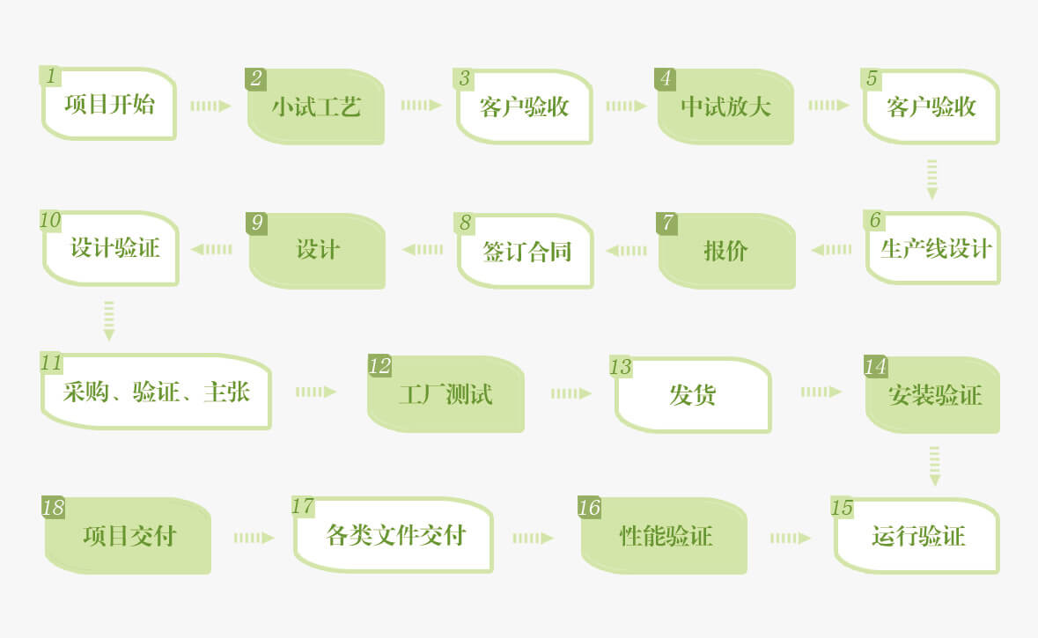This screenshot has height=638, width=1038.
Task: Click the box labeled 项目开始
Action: pos(109,106)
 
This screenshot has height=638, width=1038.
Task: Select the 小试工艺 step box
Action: pos(316,107)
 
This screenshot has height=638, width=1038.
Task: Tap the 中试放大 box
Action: pos(725,107)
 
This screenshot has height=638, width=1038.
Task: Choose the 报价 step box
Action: pos(726,251)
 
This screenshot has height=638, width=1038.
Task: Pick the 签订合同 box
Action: pos(526,252)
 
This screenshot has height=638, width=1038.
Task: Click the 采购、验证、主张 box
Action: pos(157,392)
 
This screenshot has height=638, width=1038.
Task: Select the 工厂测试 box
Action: pos(445,394)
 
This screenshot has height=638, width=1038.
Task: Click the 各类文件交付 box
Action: pos(394,535)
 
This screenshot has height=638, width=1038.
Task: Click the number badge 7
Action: pos(667,224)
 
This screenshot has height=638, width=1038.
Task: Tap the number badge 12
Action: pos(379,366)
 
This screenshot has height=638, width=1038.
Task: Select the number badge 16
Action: pos(589,508)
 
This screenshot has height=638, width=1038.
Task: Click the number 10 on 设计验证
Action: pos(50,221)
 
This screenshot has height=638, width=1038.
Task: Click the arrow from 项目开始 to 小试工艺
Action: pos(210,106)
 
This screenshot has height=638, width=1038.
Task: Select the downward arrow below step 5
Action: pos(932,179)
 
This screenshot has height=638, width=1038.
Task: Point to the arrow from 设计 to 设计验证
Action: pos(211,249)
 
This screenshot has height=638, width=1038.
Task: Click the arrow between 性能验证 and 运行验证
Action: pos(790,538)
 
